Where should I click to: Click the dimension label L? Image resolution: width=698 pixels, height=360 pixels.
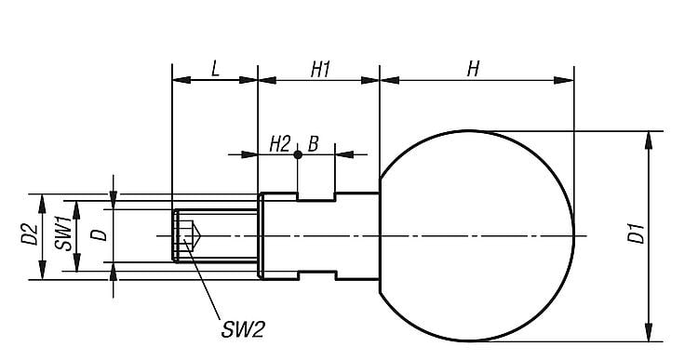216,69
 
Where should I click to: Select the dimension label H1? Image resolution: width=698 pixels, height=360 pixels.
320,70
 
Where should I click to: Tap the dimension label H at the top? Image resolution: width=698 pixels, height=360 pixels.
473,69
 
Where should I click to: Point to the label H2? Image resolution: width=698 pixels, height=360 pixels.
279,144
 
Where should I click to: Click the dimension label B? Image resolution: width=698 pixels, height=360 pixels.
314,144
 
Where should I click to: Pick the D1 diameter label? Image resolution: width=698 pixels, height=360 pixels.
637,233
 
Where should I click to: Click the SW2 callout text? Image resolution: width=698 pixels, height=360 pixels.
243,330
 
